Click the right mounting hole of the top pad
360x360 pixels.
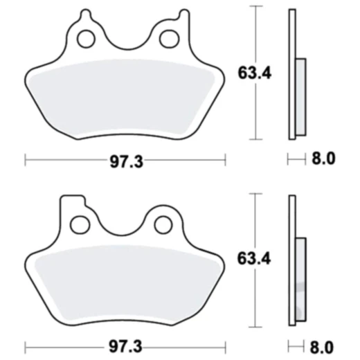pos(168,39)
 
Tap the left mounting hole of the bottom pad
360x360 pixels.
pos(80,224)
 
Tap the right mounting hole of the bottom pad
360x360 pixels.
pos(163,224)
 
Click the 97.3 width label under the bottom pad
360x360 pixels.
pos(127,345)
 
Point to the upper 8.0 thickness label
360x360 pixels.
pos(323,160)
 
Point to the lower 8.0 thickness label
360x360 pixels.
pos(323,345)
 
